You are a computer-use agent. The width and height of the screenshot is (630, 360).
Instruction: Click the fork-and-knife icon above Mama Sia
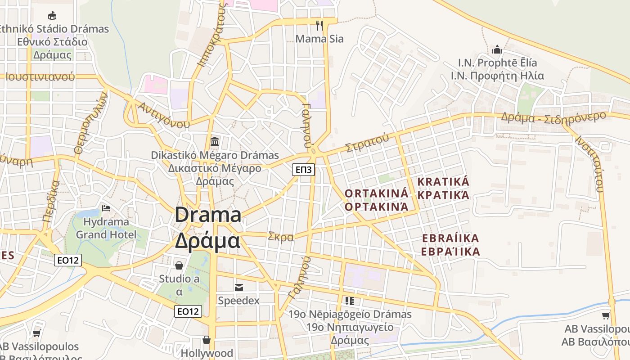tap(319, 25)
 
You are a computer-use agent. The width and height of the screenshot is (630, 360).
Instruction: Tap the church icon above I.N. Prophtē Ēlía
tap(497, 49)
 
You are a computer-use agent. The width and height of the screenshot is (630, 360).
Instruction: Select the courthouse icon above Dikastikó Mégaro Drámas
tap(215, 141)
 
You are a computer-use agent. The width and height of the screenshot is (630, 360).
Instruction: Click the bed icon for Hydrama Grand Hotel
tap(106, 208)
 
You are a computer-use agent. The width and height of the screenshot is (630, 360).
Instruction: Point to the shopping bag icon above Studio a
tap(179, 265)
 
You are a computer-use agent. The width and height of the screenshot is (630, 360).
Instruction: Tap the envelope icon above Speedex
tap(238, 287)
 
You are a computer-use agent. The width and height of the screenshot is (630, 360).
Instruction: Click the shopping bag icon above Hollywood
tap(207, 340)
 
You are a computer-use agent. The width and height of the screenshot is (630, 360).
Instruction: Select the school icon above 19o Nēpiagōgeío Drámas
tap(350, 301)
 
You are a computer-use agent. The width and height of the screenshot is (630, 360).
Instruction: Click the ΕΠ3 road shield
tap(303, 170)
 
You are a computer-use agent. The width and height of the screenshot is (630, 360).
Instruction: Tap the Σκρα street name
tap(280, 237)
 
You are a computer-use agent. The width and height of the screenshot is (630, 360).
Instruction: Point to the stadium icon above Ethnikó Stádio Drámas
tap(52, 16)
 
